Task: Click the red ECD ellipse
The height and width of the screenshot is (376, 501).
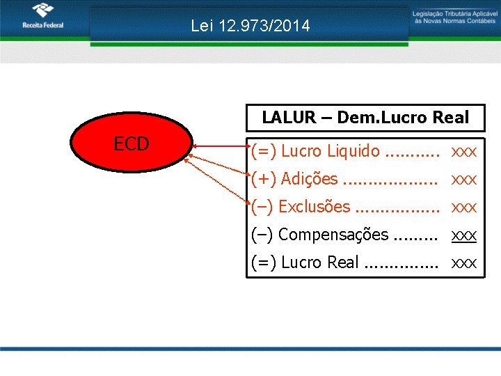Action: click(x=132, y=144)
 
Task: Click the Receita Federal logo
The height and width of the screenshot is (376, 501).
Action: click(x=42, y=17)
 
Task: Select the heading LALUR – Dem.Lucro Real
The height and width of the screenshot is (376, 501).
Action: click(x=365, y=118)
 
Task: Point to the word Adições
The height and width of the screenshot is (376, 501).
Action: click(x=309, y=179)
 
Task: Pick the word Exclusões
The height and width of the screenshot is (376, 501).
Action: click(x=314, y=207)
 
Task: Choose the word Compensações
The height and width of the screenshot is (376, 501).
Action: click(x=333, y=235)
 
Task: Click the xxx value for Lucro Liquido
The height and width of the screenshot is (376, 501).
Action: click(x=464, y=151)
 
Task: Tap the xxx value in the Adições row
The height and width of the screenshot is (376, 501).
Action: click(x=464, y=180)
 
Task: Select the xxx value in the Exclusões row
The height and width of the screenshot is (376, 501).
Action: click(x=464, y=207)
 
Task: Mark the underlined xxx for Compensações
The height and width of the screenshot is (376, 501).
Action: click(x=464, y=235)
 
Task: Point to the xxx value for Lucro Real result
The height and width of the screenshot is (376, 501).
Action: click(x=464, y=263)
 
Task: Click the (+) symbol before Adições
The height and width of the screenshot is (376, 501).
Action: click(x=264, y=179)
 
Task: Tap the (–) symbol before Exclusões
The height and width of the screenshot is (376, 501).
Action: click(x=262, y=207)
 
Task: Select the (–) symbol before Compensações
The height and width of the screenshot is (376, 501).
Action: click(x=262, y=235)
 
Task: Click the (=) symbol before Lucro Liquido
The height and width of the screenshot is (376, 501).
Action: click(x=264, y=151)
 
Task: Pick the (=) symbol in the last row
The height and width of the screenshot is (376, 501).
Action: click(x=264, y=263)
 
